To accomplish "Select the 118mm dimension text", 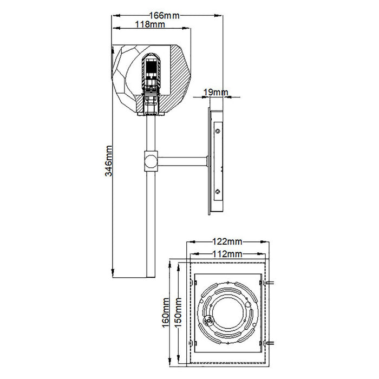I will [150, 24].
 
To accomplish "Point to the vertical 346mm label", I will [108, 161].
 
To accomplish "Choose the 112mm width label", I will [227, 253].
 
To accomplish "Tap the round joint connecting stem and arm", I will [150, 161].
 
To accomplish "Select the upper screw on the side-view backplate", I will [217, 130].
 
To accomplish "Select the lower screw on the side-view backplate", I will [217, 191].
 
